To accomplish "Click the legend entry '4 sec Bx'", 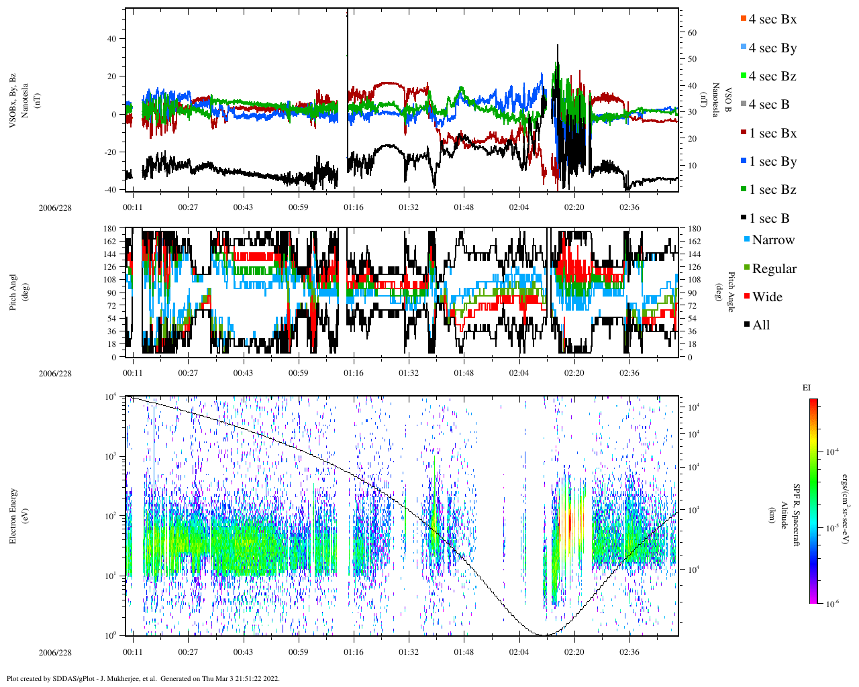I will click(772, 19).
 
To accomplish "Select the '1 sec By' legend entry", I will click(772, 162).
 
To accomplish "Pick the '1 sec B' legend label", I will click(769, 219).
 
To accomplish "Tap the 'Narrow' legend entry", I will click(773, 240).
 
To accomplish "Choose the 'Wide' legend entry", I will click(767, 297).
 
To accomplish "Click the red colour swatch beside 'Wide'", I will click(747, 297).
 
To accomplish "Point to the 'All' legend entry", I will click(761, 325).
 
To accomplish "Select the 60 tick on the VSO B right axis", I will click(692, 33).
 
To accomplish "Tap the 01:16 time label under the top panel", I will click(354, 207).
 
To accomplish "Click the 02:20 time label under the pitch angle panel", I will click(574, 373).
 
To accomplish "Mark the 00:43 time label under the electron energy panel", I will click(243, 652).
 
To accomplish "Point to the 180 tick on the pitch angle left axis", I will click(110, 229).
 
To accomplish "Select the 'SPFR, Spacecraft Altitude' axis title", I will click(790, 515).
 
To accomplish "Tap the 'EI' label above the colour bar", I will click(807, 388).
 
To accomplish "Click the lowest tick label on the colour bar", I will click(832, 604).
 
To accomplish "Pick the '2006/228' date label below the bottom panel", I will click(55, 653).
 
